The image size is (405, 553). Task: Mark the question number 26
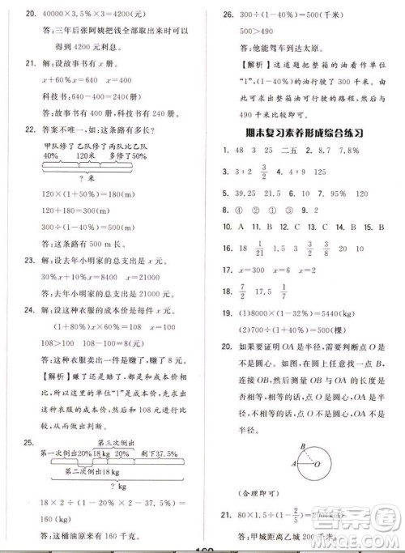(x=218, y=13)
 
